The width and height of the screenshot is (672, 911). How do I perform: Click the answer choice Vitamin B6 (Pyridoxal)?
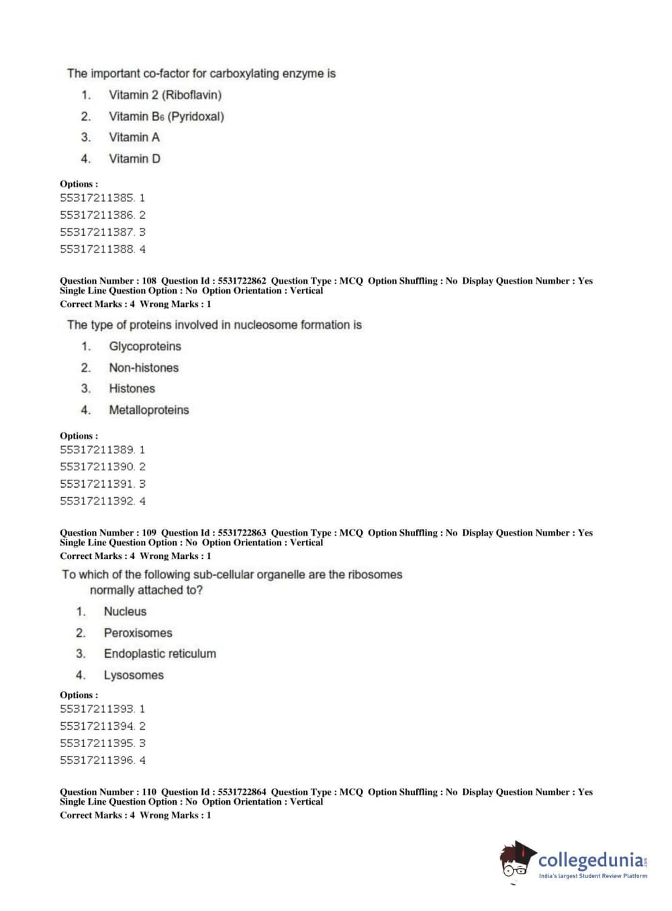pyautogui.click(x=166, y=116)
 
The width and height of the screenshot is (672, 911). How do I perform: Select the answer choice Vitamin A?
pyautogui.click(x=134, y=138)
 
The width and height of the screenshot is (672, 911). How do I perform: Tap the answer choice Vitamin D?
pyautogui.click(x=134, y=159)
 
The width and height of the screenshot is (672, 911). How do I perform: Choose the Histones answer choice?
pyautogui.click(x=132, y=389)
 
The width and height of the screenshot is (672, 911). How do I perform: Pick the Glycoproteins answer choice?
pyautogui.click(x=145, y=347)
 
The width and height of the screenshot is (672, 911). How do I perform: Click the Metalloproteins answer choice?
pyautogui.click(x=149, y=410)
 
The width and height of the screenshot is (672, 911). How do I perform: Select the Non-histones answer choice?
pyautogui.click(x=144, y=368)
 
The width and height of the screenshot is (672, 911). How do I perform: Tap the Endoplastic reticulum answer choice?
pyautogui.click(x=160, y=654)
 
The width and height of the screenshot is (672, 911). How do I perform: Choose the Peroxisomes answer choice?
pyautogui.click(x=138, y=633)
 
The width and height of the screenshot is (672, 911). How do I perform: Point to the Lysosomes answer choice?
pyautogui.click(x=134, y=675)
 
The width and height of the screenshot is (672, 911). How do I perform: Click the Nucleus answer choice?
pyautogui.click(x=125, y=611)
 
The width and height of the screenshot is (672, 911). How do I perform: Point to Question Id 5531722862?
pyautogui.click(x=242, y=281)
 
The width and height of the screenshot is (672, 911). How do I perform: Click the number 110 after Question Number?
pyautogui.click(x=149, y=792)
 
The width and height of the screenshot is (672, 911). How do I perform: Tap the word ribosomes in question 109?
pyautogui.click(x=375, y=575)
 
